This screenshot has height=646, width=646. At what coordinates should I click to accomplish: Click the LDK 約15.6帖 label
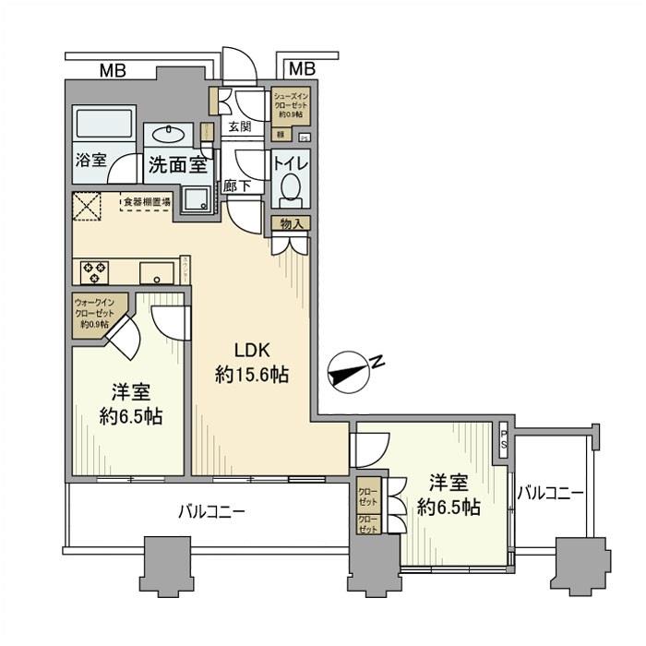(251, 363)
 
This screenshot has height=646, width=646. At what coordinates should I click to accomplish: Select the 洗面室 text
(177, 166)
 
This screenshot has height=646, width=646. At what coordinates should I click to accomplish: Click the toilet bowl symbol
(290, 190)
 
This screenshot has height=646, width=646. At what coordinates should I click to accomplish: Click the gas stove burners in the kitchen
(96, 272)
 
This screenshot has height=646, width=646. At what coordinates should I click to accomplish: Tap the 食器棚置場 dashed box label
(146, 200)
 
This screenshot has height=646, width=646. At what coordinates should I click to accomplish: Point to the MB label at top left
(114, 69)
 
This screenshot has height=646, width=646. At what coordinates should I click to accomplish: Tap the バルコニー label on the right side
(550, 494)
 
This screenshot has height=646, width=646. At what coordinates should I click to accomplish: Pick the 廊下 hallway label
(236, 185)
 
